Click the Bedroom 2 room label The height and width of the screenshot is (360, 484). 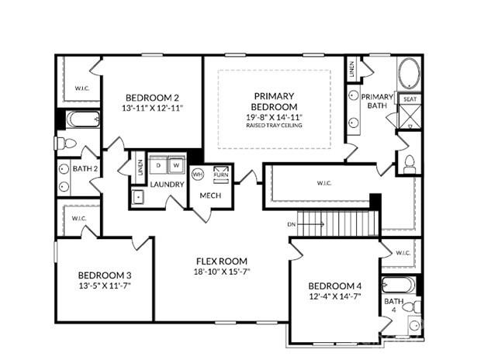pos(152,99)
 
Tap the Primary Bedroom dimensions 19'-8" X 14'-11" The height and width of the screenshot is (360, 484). pos(274,117)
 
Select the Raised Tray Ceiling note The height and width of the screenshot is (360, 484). pos(274,125)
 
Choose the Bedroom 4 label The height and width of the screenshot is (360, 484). pos(334,285)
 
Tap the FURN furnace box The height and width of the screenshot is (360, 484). pos(222,171)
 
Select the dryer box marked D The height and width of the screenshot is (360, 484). pos(158,165)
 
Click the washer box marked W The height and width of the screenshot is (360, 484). pos(176,165)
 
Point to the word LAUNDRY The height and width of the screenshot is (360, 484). pos(167,184)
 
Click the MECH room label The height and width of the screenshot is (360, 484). pos(210,195)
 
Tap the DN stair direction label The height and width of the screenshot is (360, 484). pos(292,224)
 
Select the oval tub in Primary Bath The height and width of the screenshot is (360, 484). pos(409,76)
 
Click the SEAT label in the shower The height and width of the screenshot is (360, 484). pos(409,99)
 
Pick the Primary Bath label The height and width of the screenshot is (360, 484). pos(378,100)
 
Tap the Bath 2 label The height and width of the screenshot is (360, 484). pos(85,168)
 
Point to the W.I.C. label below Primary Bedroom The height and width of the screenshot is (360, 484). pos(324,184)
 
